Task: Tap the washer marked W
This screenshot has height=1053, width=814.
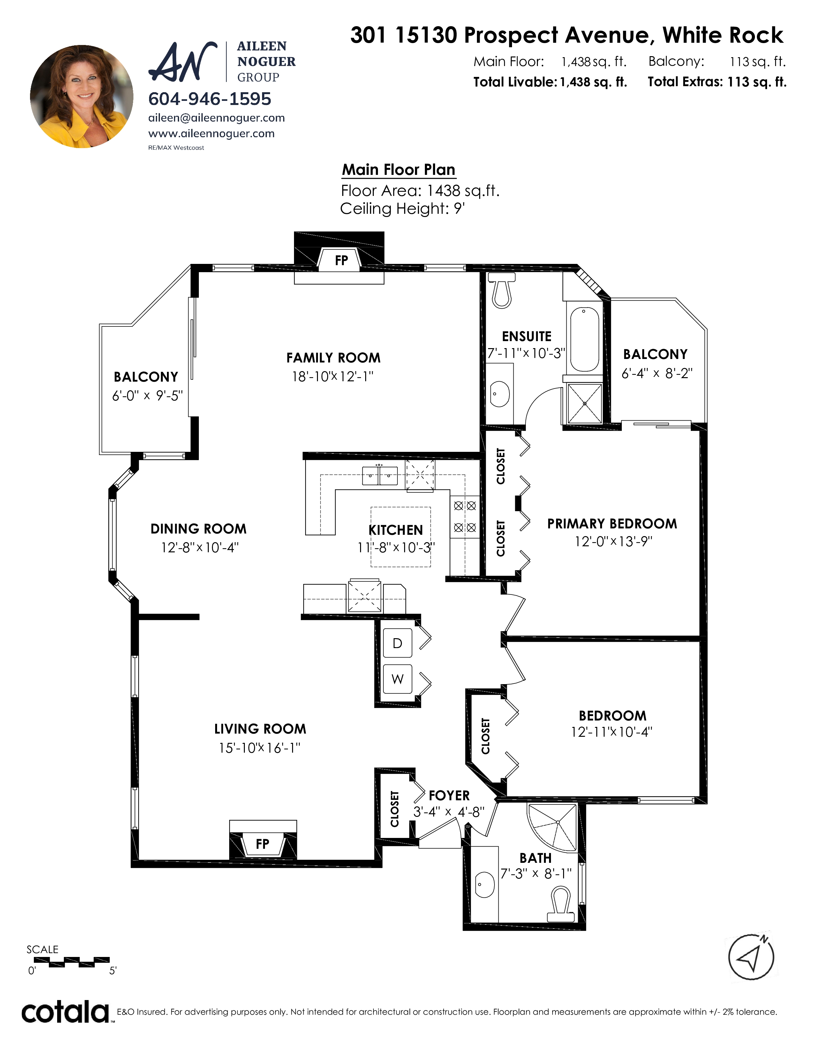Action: pyautogui.click(x=397, y=679)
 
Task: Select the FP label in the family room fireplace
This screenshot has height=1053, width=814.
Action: pyautogui.click(x=342, y=260)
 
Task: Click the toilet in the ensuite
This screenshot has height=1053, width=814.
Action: pyautogui.click(x=501, y=290)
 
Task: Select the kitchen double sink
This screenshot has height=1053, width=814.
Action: pyautogui.click(x=380, y=475)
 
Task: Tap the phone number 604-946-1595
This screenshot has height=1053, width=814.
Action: pyautogui.click(x=210, y=99)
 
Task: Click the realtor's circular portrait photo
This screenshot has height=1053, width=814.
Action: pyautogui.click(x=81, y=96)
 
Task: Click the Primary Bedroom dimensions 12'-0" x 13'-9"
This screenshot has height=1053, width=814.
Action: pyautogui.click(x=613, y=541)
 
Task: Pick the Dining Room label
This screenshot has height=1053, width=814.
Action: pyautogui.click(x=198, y=529)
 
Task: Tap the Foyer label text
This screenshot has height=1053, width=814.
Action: pyautogui.click(x=449, y=795)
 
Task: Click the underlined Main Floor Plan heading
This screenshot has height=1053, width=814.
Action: pyautogui.click(x=398, y=170)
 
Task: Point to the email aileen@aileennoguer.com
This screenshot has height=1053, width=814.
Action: pyautogui.click(x=216, y=118)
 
